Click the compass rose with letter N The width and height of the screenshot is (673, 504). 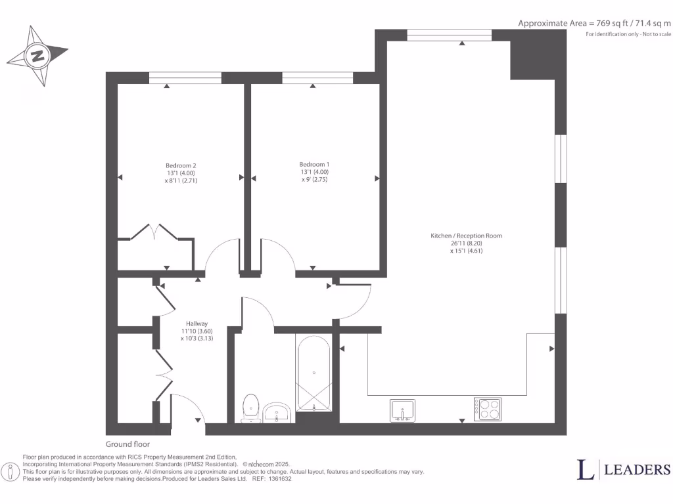[x=37, y=56]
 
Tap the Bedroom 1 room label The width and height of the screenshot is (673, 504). [x=314, y=164]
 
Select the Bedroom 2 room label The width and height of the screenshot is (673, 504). [x=181, y=165]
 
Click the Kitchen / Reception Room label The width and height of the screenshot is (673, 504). [x=466, y=236]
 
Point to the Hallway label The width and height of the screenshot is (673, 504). [x=197, y=324]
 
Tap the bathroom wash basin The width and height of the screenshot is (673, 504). [x=279, y=413]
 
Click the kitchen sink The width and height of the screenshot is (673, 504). [x=402, y=409]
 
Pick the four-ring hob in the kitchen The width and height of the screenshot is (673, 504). [x=488, y=409]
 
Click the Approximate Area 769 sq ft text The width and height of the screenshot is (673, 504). [x=595, y=23]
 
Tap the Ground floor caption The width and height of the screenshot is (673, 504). [x=128, y=444]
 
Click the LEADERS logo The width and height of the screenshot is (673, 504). [x=624, y=469]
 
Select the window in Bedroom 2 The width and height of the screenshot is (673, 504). [x=185, y=78]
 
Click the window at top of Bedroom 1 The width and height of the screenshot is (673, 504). [x=317, y=78]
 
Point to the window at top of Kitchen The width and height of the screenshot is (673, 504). [x=450, y=35]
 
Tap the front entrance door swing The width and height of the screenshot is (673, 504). [x=189, y=408]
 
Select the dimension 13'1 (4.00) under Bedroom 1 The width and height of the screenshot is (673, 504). [x=314, y=172]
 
